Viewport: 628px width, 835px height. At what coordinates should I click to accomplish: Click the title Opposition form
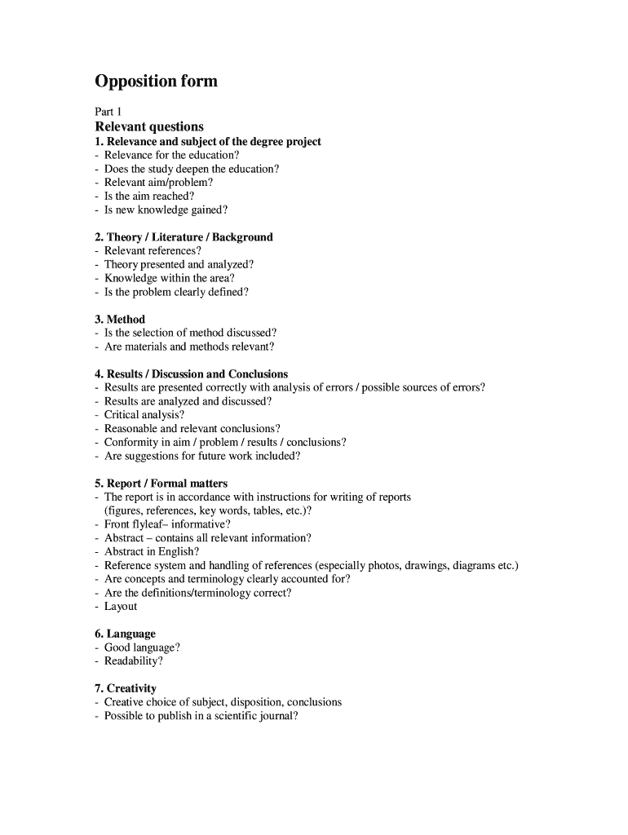pos(156,82)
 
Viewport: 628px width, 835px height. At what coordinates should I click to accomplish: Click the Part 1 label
pos(108,112)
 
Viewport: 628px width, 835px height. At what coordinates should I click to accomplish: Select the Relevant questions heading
pos(149,126)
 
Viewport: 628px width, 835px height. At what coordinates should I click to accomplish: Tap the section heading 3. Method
pos(120,319)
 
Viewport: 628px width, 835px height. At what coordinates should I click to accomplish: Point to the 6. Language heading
pos(125,634)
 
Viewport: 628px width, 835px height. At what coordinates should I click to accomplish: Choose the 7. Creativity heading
pos(126,688)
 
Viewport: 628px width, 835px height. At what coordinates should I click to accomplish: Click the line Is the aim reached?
pos(149,196)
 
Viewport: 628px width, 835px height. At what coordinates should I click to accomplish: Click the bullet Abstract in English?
pos(151,551)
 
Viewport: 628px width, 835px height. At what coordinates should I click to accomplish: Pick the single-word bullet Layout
pos(121,606)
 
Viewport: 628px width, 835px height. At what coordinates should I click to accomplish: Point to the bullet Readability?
pos(133,661)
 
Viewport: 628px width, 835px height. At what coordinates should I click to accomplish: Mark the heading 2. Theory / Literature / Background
pos(184,236)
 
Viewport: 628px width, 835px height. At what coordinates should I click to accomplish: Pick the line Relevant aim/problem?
pos(158,182)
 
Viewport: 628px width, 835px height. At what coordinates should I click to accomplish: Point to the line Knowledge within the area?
pos(169,278)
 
